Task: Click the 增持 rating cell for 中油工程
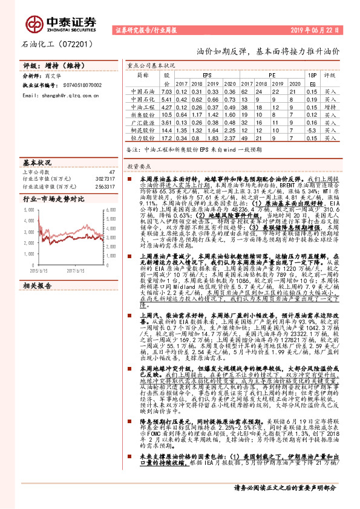pyautogui.click(x=330, y=106)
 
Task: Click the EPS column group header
pyautogui.click(x=208, y=75)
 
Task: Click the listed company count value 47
pyautogui.click(x=111, y=172)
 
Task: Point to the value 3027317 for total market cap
pyautogui.click(x=105, y=180)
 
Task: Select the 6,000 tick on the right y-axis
pyautogui.click(x=110, y=209)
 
